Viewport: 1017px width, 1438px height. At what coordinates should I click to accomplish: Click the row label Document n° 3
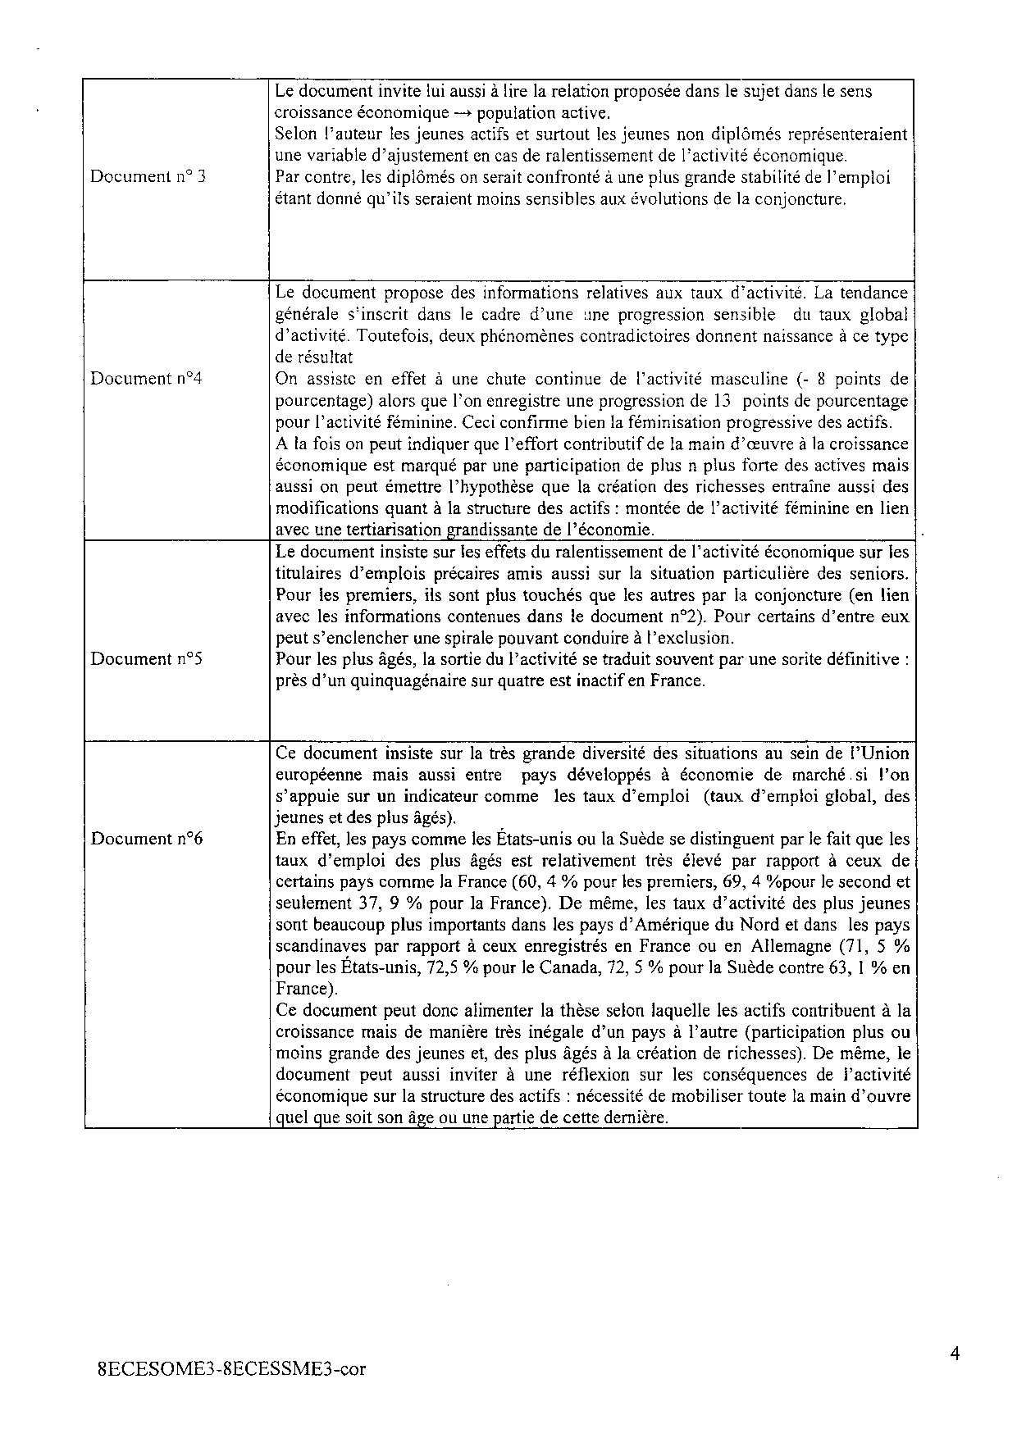point(148,176)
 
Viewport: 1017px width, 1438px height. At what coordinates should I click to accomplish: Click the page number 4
point(955,1354)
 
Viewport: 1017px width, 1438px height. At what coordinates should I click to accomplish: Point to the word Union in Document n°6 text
point(888,753)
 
